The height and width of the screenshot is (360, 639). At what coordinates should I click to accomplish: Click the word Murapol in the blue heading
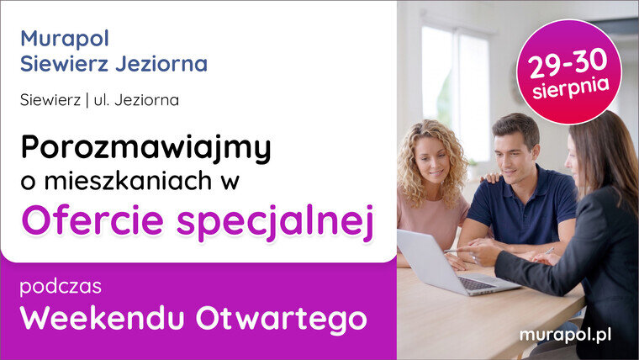point(65,40)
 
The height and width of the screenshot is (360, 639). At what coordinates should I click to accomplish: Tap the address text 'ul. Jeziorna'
point(136,100)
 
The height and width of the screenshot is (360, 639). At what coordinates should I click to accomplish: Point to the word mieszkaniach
point(128,181)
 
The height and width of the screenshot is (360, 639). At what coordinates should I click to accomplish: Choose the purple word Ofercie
point(93,220)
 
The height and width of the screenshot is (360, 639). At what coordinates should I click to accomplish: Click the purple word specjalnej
point(275,223)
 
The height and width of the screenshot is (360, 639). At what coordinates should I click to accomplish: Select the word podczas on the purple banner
point(61,287)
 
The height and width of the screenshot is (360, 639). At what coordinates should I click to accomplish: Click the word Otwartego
point(281,320)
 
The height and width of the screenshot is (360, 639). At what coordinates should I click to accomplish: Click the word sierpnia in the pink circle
point(571,88)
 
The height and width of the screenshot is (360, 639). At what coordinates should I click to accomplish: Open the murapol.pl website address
point(565,336)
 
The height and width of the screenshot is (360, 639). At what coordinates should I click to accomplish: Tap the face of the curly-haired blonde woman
point(430,160)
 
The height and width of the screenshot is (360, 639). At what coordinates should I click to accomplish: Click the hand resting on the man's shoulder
point(490,177)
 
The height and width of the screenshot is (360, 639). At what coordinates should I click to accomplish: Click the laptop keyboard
point(476,283)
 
